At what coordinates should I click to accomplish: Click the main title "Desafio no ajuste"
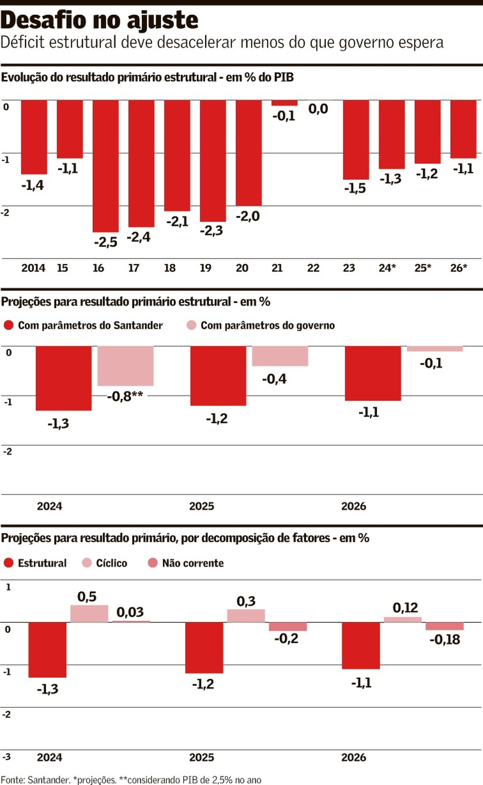pyautogui.click(x=100, y=21)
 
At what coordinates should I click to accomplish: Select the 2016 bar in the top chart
pyautogui.click(x=106, y=166)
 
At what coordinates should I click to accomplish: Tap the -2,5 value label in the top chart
pyautogui.click(x=106, y=242)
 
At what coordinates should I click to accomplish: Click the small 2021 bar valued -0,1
pyautogui.click(x=284, y=103)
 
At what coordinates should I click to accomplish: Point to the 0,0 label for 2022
pyautogui.click(x=318, y=109)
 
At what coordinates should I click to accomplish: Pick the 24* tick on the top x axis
pyautogui.click(x=387, y=268)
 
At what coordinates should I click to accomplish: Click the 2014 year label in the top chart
pyautogui.click(x=33, y=268)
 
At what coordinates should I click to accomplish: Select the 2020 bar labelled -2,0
pyautogui.click(x=248, y=153)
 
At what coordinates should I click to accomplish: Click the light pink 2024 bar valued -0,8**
pyautogui.click(x=125, y=366)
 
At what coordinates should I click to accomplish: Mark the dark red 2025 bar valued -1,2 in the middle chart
pyautogui.click(x=218, y=376)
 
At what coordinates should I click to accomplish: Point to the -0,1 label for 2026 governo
pyautogui.click(x=431, y=364)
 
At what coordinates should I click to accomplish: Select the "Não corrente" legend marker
pyautogui.click(x=153, y=563)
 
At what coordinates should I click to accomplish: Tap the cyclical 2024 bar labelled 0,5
pyautogui.click(x=89, y=614)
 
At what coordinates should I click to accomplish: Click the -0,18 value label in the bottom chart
pyautogui.click(x=445, y=640)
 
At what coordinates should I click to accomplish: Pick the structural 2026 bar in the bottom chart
pyautogui.click(x=361, y=645)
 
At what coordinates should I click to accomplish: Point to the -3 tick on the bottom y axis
pyautogui.click(x=6, y=757)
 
